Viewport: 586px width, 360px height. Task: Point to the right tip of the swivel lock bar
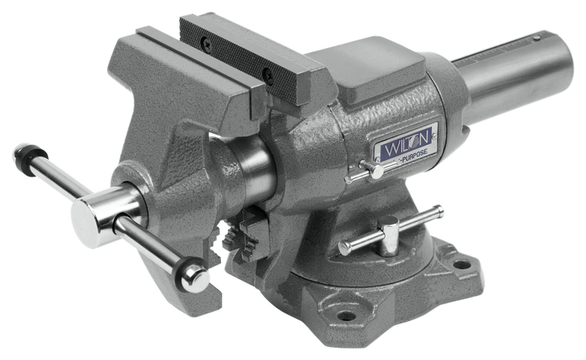[439, 207]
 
